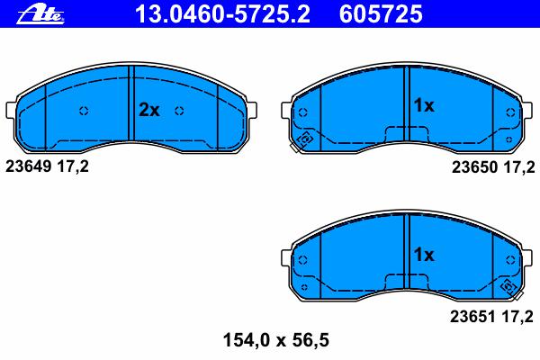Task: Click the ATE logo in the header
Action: (40, 14)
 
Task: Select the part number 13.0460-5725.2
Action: (222, 13)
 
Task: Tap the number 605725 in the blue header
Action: (381, 13)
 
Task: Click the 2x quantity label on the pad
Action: (149, 110)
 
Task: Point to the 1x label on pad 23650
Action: (424, 105)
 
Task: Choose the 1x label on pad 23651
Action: (424, 255)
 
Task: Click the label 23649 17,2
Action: (47, 166)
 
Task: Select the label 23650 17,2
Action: (493, 167)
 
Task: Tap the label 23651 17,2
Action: (491, 317)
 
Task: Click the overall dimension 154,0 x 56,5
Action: (276, 340)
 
